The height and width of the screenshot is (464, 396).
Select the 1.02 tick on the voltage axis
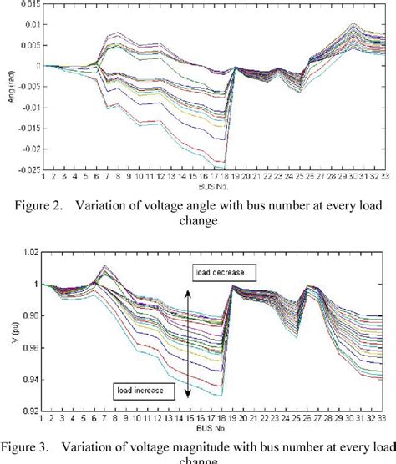[x=30, y=253]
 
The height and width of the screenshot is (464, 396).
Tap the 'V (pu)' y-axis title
[x=12, y=331]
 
